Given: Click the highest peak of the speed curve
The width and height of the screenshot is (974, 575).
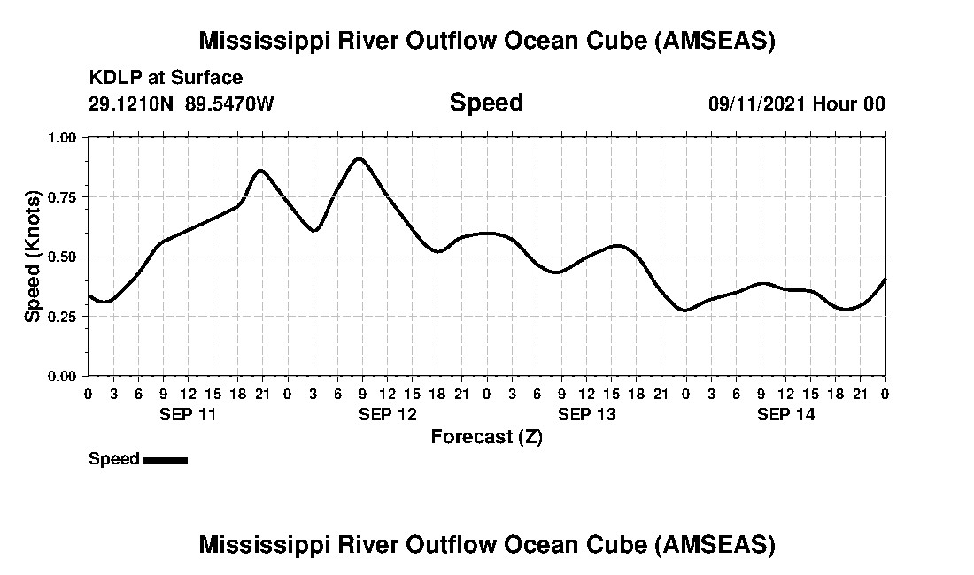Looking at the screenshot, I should tap(359, 158).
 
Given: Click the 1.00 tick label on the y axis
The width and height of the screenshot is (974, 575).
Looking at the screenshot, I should tap(62, 137).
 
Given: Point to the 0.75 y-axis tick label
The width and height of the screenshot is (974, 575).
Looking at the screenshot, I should tap(62, 196).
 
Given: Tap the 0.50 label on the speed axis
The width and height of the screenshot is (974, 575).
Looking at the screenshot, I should tap(62, 257).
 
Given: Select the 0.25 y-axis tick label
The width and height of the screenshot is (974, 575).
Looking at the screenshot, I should tap(62, 316).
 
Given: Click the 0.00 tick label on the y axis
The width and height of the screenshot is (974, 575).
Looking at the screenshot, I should tap(62, 376).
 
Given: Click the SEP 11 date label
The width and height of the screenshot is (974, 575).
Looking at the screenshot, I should tap(188, 414).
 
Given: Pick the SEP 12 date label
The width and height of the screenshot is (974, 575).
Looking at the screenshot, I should tap(388, 414).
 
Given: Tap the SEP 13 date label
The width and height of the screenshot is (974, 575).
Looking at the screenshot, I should tap(587, 414).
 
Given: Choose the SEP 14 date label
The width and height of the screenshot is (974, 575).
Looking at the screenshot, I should tap(786, 414).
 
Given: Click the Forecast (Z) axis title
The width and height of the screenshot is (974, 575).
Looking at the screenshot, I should tap(486, 436).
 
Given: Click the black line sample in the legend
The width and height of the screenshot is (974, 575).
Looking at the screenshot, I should tap(165, 460).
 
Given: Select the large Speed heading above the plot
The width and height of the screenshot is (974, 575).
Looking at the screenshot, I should tap(486, 103).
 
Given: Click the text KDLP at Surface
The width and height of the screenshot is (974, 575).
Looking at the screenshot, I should tap(166, 78).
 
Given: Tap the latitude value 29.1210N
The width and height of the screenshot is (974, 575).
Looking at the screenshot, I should tap(132, 103).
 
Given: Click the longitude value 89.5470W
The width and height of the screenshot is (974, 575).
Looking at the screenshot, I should tap(230, 103).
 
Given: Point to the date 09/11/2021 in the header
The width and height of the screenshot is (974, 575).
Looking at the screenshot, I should tap(756, 103).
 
